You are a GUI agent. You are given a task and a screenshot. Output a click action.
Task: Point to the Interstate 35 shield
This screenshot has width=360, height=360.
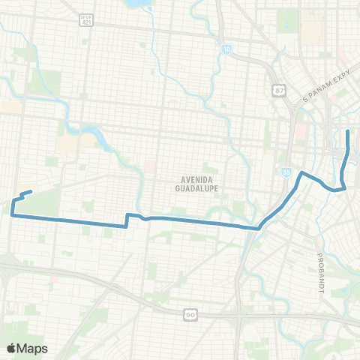[287, 171]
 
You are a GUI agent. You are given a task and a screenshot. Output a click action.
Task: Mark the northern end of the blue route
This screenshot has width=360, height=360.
[348, 132]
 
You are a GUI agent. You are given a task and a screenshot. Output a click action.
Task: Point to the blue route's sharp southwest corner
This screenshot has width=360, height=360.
[12, 215]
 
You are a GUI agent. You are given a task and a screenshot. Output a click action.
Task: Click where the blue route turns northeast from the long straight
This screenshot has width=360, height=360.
[259, 227]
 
